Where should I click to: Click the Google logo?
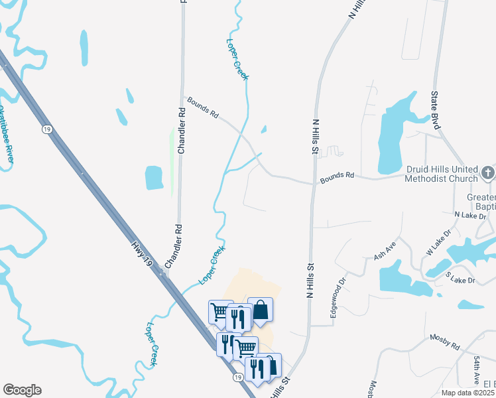(22, 390)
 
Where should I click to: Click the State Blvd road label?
(436, 110)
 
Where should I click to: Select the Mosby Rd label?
(444, 342)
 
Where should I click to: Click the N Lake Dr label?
(470, 216)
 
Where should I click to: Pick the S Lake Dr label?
(460, 277)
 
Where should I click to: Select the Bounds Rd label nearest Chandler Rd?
(203, 107)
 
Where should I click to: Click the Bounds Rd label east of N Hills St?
(337, 176)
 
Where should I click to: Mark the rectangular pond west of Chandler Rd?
(154, 177)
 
